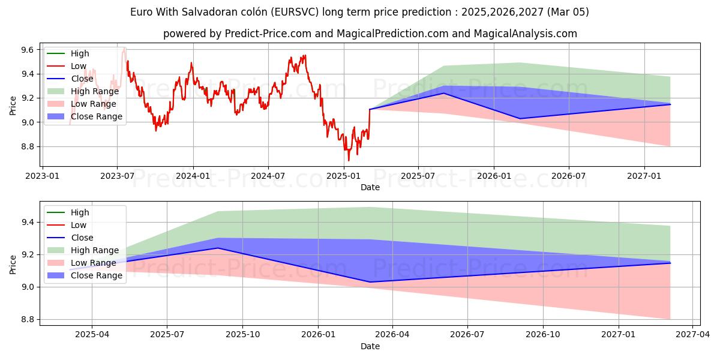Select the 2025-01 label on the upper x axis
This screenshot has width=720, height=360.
(343, 176)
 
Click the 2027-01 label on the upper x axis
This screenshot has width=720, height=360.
(644, 176)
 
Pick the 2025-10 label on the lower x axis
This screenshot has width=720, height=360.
(242, 335)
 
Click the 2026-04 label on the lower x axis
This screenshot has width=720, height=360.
(392, 335)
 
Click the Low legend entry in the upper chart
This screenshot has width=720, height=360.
(79, 66)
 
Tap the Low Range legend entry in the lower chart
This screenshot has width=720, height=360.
(94, 263)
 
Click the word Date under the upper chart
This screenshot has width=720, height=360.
(370, 187)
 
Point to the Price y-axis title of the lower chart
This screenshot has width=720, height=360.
(13, 263)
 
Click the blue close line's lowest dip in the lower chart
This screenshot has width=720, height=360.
(368, 282)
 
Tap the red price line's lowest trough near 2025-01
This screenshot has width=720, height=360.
(349, 160)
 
